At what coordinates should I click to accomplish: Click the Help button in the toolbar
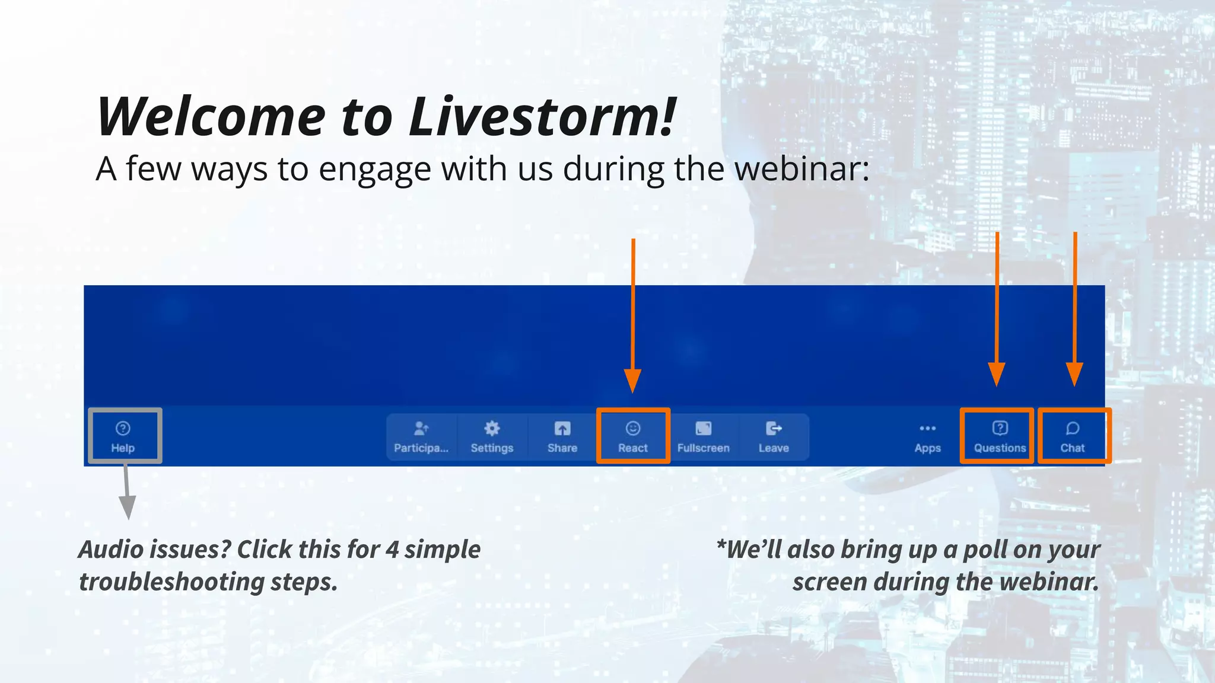click(x=123, y=436)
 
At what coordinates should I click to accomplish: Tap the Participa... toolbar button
click(x=421, y=437)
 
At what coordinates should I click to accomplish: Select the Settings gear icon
click(x=492, y=429)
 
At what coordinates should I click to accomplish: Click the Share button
click(x=562, y=437)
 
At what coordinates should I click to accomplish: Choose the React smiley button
click(x=633, y=436)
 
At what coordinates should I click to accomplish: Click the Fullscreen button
click(x=704, y=437)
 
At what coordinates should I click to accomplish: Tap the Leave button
click(x=774, y=437)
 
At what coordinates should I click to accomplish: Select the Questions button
click(x=1000, y=436)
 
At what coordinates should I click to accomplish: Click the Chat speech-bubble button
click(x=1073, y=436)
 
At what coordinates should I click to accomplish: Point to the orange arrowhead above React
click(x=633, y=380)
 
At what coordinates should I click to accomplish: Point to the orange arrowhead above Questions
click(x=997, y=374)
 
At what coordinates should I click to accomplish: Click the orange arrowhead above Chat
click(x=1074, y=374)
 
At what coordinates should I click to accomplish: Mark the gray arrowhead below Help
click(x=128, y=508)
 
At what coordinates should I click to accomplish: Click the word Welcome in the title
click(x=211, y=117)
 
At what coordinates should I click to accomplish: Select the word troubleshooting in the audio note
click(x=171, y=582)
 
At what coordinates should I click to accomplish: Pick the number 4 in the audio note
click(x=392, y=550)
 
